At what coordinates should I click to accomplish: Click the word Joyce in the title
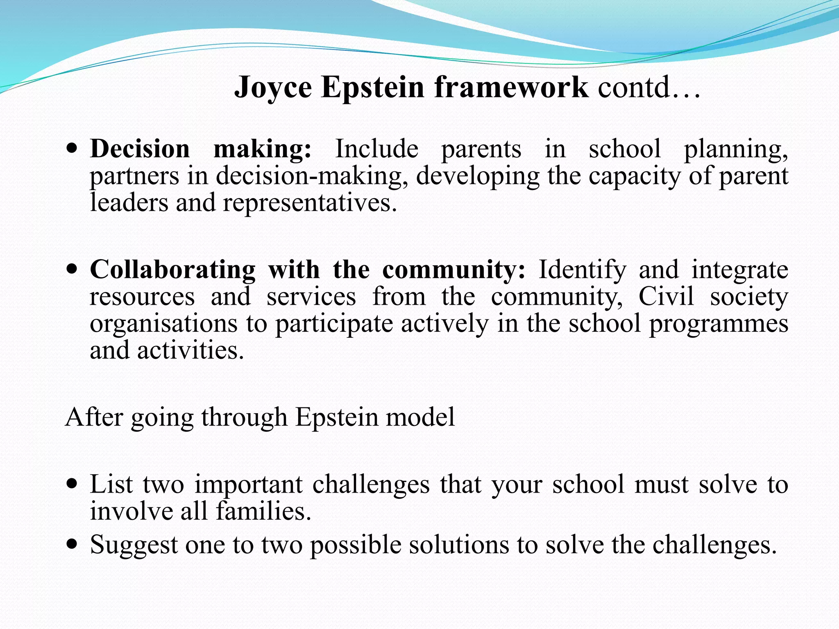(x=273, y=88)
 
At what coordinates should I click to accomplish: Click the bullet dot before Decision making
(x=72, y=149)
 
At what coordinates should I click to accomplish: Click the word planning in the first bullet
(x=735, y=149)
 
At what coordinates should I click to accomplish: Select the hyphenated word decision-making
(x=311, y=176)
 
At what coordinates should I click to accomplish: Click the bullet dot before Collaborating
(x=72, y=270)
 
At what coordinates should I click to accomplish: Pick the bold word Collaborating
(x=172, y=270)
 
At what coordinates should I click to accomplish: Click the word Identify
(x=582, y=270)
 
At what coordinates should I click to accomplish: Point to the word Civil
(x=666, y=296)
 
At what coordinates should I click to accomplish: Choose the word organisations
(x=163, y=324)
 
